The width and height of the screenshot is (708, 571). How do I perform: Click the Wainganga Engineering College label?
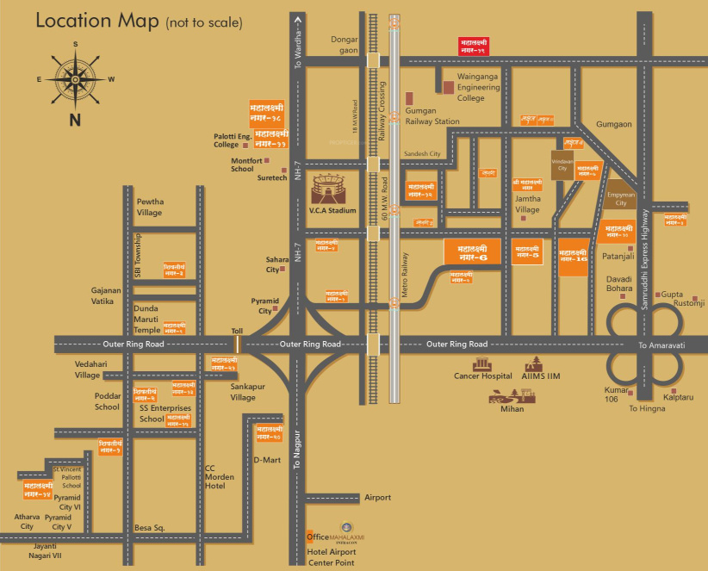(x=483, y=87)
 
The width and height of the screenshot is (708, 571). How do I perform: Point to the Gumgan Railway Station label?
(x=432, y=116)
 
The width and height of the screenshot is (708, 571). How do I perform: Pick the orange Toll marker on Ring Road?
(x=237, y=344)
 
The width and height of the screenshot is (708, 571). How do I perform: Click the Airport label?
(x=377, y=498)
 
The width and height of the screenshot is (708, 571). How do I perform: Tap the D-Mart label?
(x=267, y=460)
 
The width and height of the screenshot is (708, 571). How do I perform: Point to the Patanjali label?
(x=617, y=256)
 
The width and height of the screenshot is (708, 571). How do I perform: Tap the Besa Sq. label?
(x=148, y=527)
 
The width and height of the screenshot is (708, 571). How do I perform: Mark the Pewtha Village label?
(x=150, y=207)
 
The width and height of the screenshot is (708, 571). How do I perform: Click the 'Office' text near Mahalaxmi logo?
(x=319, y=537)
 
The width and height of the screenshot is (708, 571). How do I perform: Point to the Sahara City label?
(x=277, y=264)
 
